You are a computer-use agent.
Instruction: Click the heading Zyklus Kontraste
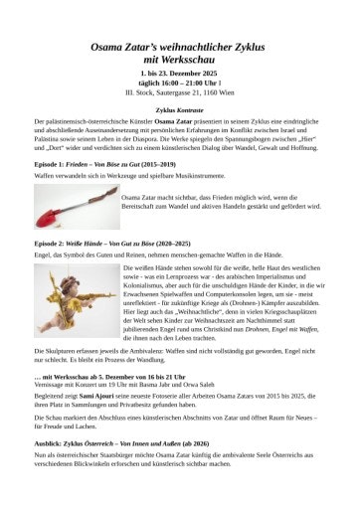pos(179,106)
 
